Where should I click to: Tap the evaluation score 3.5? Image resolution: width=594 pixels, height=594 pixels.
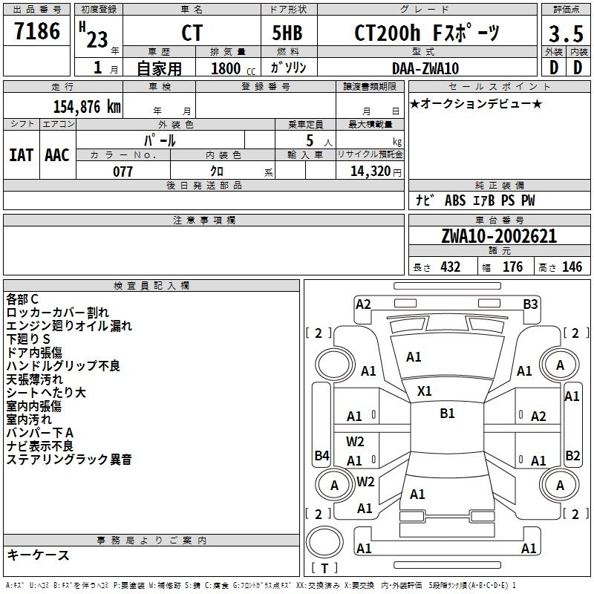[565, 34]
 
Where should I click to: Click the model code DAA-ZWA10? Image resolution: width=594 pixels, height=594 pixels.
[425, 68]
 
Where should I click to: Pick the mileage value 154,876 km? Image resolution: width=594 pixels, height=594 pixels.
[87, 106]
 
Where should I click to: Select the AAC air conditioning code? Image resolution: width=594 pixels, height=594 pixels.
[57, 154]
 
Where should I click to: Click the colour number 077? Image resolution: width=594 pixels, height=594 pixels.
[123, 172]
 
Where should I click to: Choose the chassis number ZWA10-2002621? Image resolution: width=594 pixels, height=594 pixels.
[499, 237]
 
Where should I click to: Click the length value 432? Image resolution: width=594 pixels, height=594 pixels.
[450, 267]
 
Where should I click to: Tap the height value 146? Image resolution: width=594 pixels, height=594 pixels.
[572, 267]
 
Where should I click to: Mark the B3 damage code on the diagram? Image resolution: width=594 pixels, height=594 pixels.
[530, 304]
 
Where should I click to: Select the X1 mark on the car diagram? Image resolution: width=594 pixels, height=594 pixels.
[425, 391]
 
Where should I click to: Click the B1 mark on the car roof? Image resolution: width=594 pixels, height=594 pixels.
[447, 414]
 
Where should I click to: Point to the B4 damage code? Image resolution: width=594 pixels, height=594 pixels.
[322, 455]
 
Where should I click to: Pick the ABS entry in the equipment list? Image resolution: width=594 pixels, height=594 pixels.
[455, 200]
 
